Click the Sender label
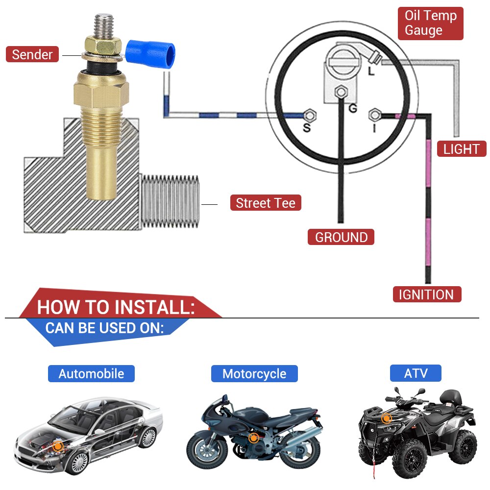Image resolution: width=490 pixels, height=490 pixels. coord(32,54)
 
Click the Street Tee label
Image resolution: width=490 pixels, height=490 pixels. coord(266,203)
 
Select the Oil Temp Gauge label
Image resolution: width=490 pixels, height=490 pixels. coord(430,23)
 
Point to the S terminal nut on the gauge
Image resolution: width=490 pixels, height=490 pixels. coord(309,116)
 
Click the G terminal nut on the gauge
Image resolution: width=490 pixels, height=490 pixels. coord(341,92)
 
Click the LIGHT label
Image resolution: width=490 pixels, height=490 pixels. coord(461,149)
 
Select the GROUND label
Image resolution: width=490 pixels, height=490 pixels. coord(341,237)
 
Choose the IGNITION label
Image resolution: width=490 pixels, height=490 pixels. coord(426,294)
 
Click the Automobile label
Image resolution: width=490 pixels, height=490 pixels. coord(91,374)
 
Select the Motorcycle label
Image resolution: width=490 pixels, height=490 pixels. coord(254,374)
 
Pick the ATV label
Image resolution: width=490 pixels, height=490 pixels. coord(416,374)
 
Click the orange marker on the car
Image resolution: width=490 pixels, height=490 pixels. coord(58,446)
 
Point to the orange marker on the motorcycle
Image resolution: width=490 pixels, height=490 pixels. coord(253,438)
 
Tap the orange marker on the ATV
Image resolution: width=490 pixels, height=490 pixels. coord(387,418)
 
